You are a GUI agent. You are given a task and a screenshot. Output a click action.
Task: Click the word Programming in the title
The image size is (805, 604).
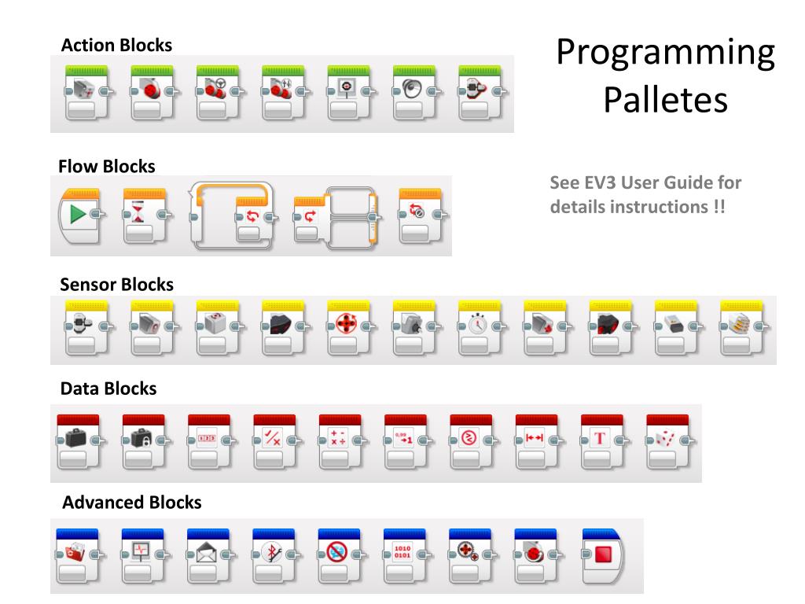tap(665, 53)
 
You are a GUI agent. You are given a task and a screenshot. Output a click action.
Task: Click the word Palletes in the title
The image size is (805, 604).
tap(665, 101)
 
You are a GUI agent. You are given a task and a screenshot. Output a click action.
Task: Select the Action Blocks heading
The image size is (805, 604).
tap(116, 45)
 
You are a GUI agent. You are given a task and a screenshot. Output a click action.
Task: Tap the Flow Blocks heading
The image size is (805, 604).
tap(107, 167)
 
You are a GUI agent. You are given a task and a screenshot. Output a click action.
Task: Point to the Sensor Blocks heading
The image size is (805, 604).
tap(117, 284)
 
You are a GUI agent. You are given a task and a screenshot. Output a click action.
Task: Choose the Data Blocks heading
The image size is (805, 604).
tap(108, 389)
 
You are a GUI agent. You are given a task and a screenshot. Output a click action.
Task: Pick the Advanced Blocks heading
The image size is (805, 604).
tap(131, 502)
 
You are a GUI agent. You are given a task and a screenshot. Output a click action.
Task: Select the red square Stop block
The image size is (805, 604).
tap(603, 554)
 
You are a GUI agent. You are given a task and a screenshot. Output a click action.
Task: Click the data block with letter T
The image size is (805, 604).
tap(601, 437)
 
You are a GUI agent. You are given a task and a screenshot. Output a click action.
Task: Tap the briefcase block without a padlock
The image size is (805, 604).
tap(76, 437)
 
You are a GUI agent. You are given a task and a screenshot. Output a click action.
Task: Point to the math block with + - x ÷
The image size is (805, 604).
tap(339, 437)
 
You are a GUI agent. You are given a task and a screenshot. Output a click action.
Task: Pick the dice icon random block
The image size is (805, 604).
tap(666, 437)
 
